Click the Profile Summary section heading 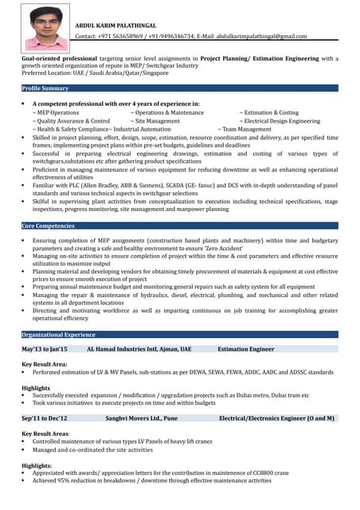(x=45, y=88)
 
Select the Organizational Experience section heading (x=59, y=335)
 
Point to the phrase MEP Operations (x=57, y=112)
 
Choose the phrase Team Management (x=246, y=129)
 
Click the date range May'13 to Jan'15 (x=45, y=349)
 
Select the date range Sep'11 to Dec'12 (x=45, y=418)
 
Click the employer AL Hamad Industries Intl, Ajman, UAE (x=139, y=349)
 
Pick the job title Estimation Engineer (x=245, y=349)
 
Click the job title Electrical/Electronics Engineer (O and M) (x=276, y=418)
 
